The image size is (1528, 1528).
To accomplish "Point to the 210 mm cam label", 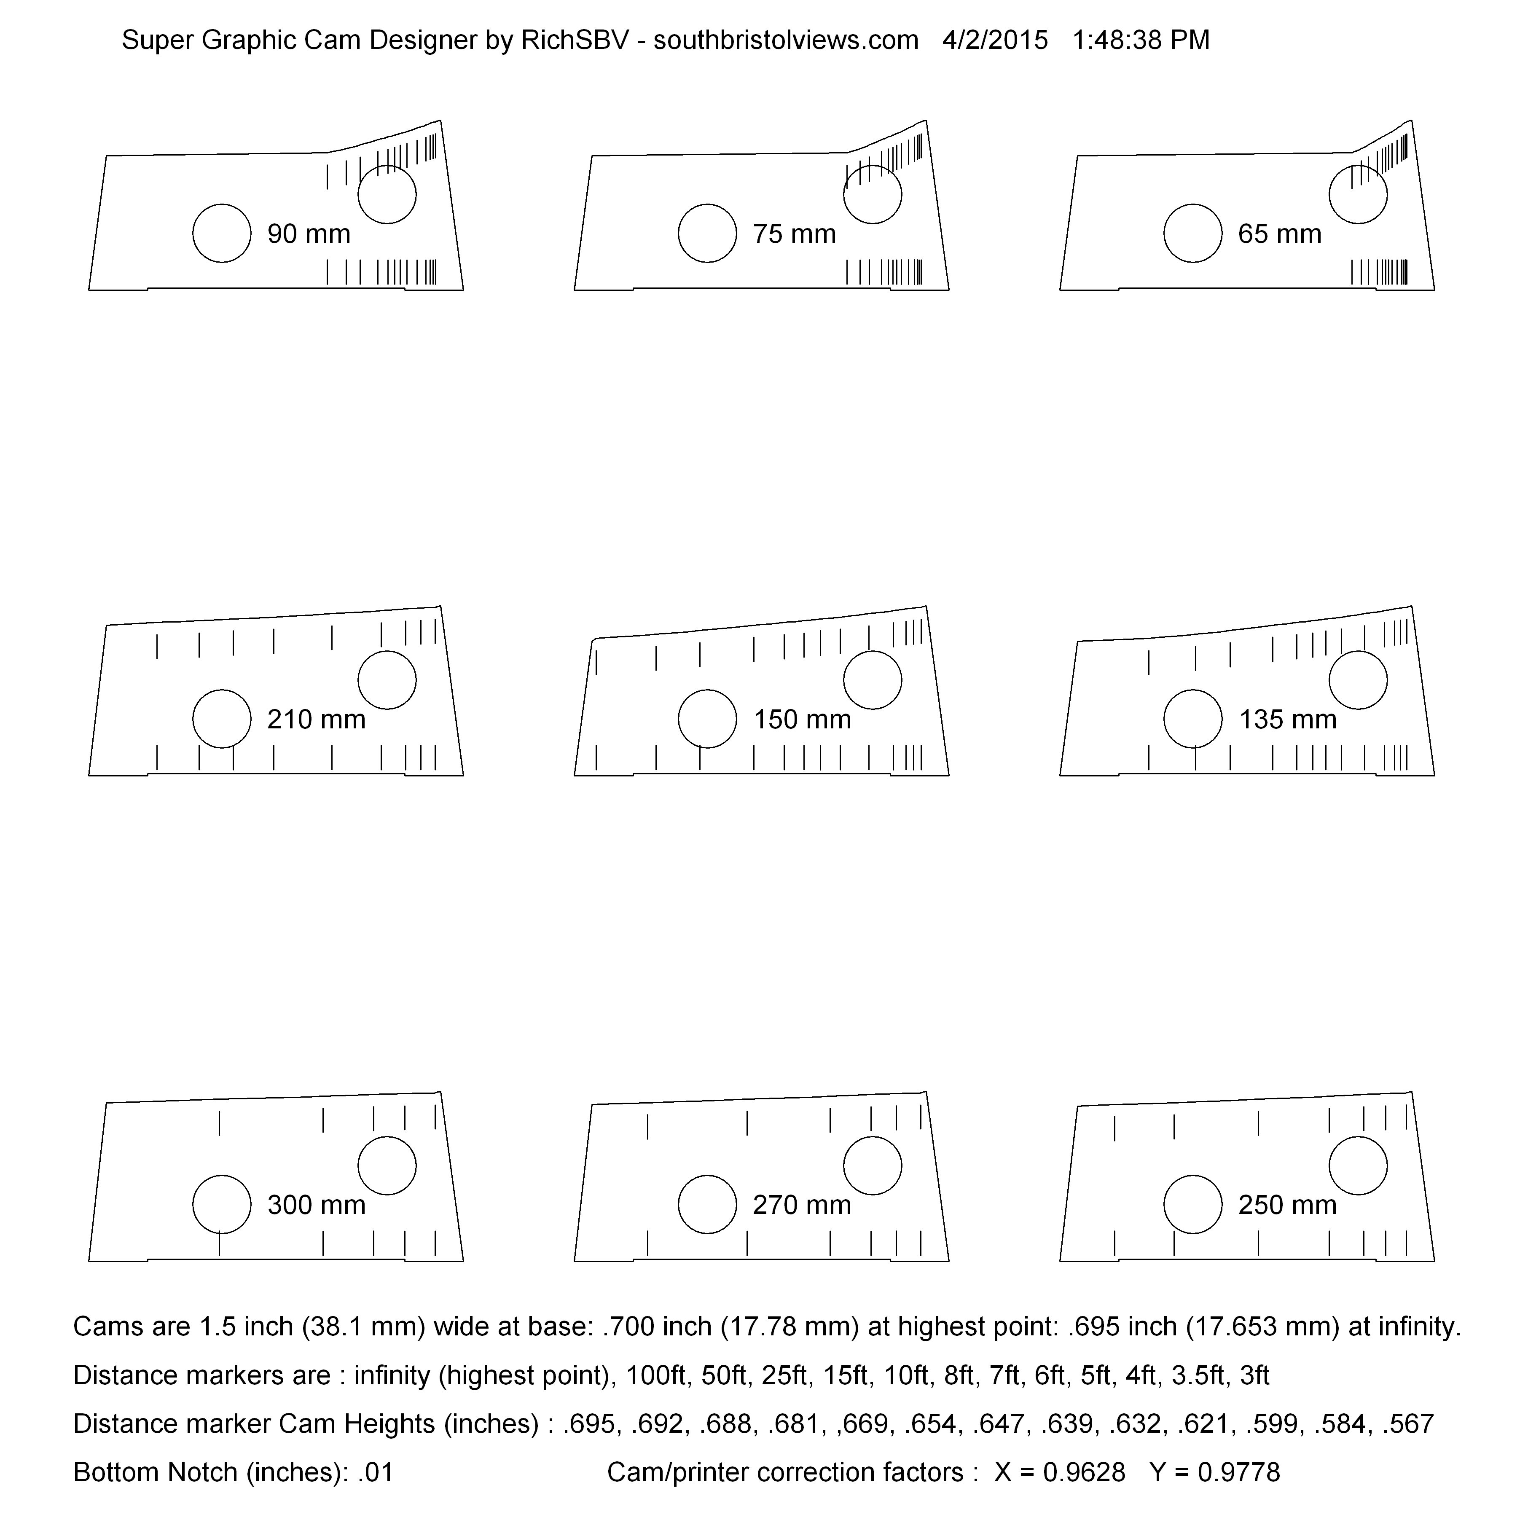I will click(x=317, y=720).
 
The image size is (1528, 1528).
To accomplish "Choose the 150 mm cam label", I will click(x=802, y=720).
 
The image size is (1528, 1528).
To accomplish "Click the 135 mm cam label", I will click(x=1288, y=720).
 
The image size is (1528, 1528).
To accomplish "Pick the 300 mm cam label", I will click(x=317, y=1205).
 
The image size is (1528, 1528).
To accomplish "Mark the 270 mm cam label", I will click(x=802, y=1205).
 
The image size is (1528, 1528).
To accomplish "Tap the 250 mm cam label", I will click(x=1288, y=1205).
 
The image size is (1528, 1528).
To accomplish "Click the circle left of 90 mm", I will click(x=222, y=234).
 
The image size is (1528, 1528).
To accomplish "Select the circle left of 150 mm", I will click(x=708, y=719).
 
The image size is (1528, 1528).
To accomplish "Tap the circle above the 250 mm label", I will click(x=1358, y=1166).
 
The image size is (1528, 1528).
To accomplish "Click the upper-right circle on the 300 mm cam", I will click(x=387, y=1166).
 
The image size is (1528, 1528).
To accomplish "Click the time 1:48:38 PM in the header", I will click(x=1141, y=40).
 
